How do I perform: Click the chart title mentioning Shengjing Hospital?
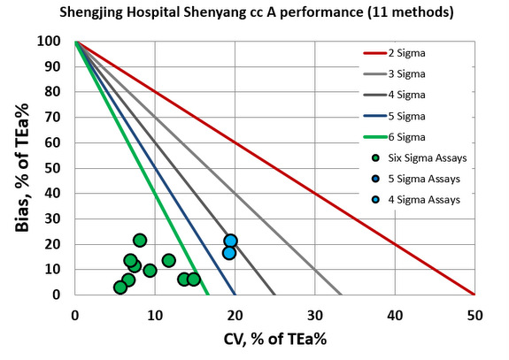[253, 12]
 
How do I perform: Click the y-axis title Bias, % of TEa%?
[23, 168]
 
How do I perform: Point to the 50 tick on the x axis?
[474, 311]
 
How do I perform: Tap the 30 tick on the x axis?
[314, 311]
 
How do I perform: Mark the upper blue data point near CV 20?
[230, 241]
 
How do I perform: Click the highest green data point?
[140, 240]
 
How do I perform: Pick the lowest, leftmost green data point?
[120, 287]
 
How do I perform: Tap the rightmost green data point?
[194, 280]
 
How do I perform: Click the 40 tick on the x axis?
[394, 311]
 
